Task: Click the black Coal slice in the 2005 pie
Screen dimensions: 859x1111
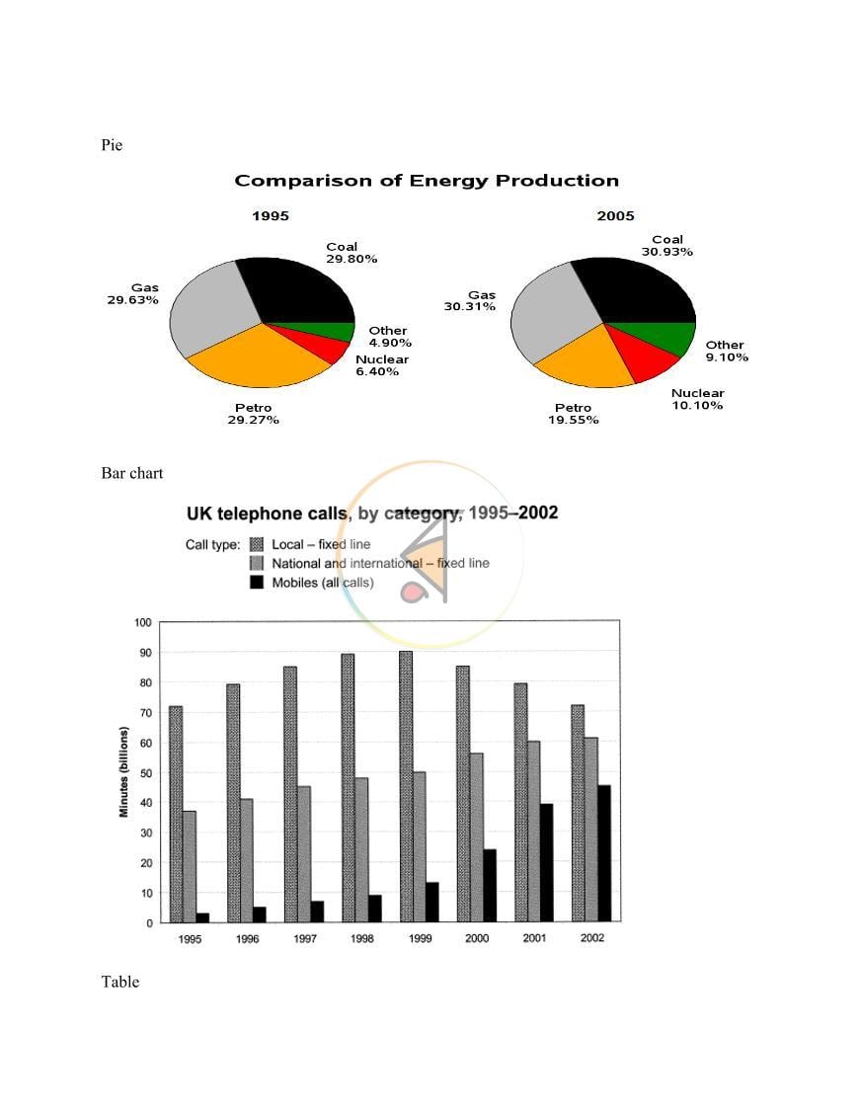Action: click(x=638, y=289)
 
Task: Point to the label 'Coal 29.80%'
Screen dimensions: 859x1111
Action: click(x=351, y=253)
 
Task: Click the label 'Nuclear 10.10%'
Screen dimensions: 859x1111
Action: click(x=697, y=399)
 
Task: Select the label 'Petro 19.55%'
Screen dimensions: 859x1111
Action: click(x=573, y=414)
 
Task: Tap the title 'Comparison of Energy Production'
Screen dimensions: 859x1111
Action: click(x=427, y=181)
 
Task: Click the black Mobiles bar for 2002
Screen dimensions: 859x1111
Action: click(x=604, y=853)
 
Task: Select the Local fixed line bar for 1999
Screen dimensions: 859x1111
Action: click(x=406, y=786)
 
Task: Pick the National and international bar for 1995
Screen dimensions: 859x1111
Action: click(x=190, y=866)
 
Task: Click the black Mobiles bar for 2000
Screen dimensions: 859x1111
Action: click(x=490, y=886)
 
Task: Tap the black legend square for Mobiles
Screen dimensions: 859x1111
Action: click(x=257, y=583)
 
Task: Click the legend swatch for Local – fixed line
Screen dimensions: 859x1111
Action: click(x=257, y=544)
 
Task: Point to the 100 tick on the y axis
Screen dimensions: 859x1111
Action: click(x=143, y=623)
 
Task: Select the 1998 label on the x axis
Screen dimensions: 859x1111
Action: click(x=362, y=939)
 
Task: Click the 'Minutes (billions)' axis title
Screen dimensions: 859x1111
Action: click(x=124, y=771)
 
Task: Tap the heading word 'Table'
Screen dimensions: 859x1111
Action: click(x=120, y=982)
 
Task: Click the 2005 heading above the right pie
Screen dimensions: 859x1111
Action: click(x=615, y=216)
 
